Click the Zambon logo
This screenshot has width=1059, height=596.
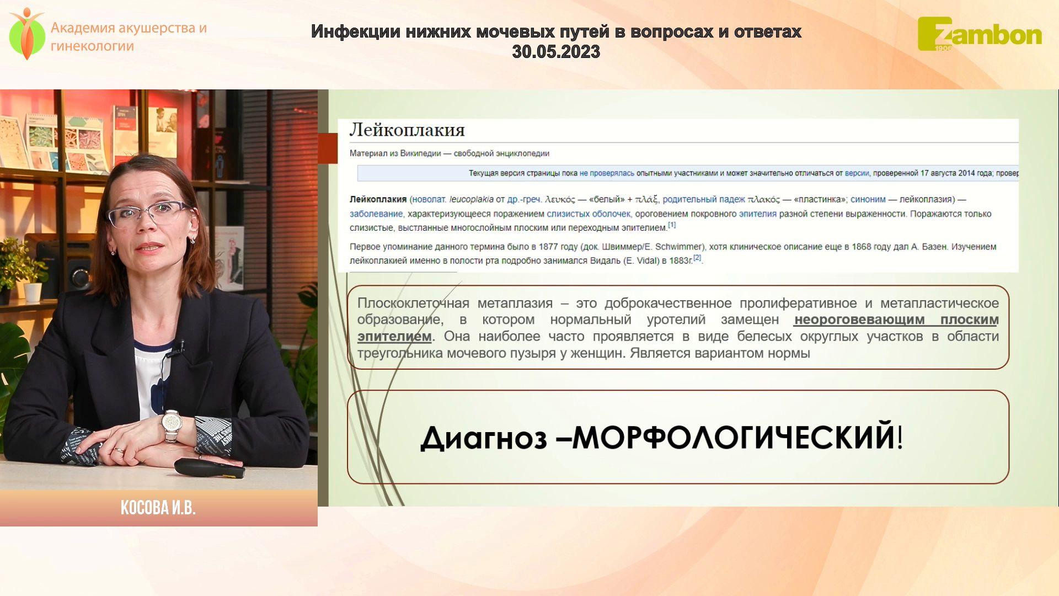pos(980,34)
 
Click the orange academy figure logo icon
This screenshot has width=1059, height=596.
pos(26,34)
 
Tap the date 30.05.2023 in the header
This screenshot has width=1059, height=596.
pos(556,52)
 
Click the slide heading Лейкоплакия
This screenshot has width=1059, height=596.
pos(407,130)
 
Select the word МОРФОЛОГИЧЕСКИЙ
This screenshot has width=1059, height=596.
pos(733,438)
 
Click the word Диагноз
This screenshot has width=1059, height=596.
pos(484,438)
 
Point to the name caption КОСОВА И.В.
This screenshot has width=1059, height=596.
pos(158,508)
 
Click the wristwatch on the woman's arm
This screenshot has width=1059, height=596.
pos(172,425)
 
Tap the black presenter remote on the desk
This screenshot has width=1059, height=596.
pos(210,468)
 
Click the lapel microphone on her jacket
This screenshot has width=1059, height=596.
pos(180,347)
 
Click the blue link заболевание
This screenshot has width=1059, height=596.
pos(376,214)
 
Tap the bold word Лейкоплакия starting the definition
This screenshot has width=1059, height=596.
pos(378,199)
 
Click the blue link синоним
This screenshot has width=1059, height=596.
pos(868,199)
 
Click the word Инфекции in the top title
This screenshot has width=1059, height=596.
pos(356,32)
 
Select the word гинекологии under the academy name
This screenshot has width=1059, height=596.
pos(92,46)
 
